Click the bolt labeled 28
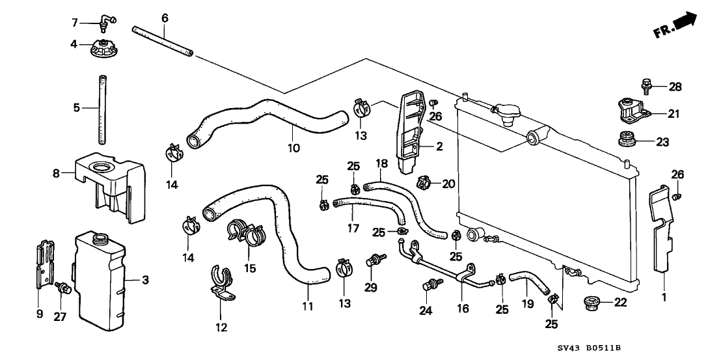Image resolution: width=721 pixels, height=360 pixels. (647, 85)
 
